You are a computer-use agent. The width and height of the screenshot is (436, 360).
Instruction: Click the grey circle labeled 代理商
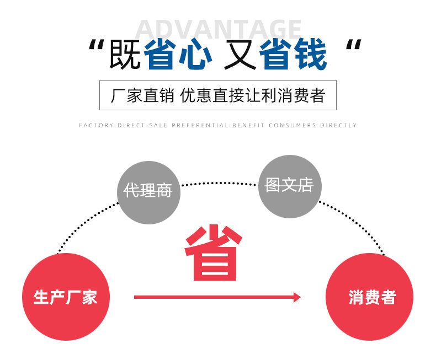tap(148, 192)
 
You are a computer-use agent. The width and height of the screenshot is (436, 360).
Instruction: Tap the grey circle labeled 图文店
tap(289, 186)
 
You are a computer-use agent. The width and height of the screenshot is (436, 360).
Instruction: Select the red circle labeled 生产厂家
tap(66, 297)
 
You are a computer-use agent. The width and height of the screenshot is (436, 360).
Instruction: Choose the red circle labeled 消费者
tap(369, 297)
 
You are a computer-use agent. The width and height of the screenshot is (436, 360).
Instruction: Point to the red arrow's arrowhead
tap(297, 298)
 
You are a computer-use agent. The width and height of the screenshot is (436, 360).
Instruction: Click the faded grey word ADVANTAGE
tap(218, 29)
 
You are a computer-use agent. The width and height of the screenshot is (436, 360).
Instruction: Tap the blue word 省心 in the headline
tap(178, 55)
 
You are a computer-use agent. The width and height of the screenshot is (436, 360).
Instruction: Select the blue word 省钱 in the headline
tap(294, 55)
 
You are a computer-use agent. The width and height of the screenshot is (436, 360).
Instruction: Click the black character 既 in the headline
tap(125, 55)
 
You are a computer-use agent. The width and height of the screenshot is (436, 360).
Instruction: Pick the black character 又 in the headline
tap(240, 55)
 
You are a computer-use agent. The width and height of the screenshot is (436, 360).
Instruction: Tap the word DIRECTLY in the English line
tap(338, 126)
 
